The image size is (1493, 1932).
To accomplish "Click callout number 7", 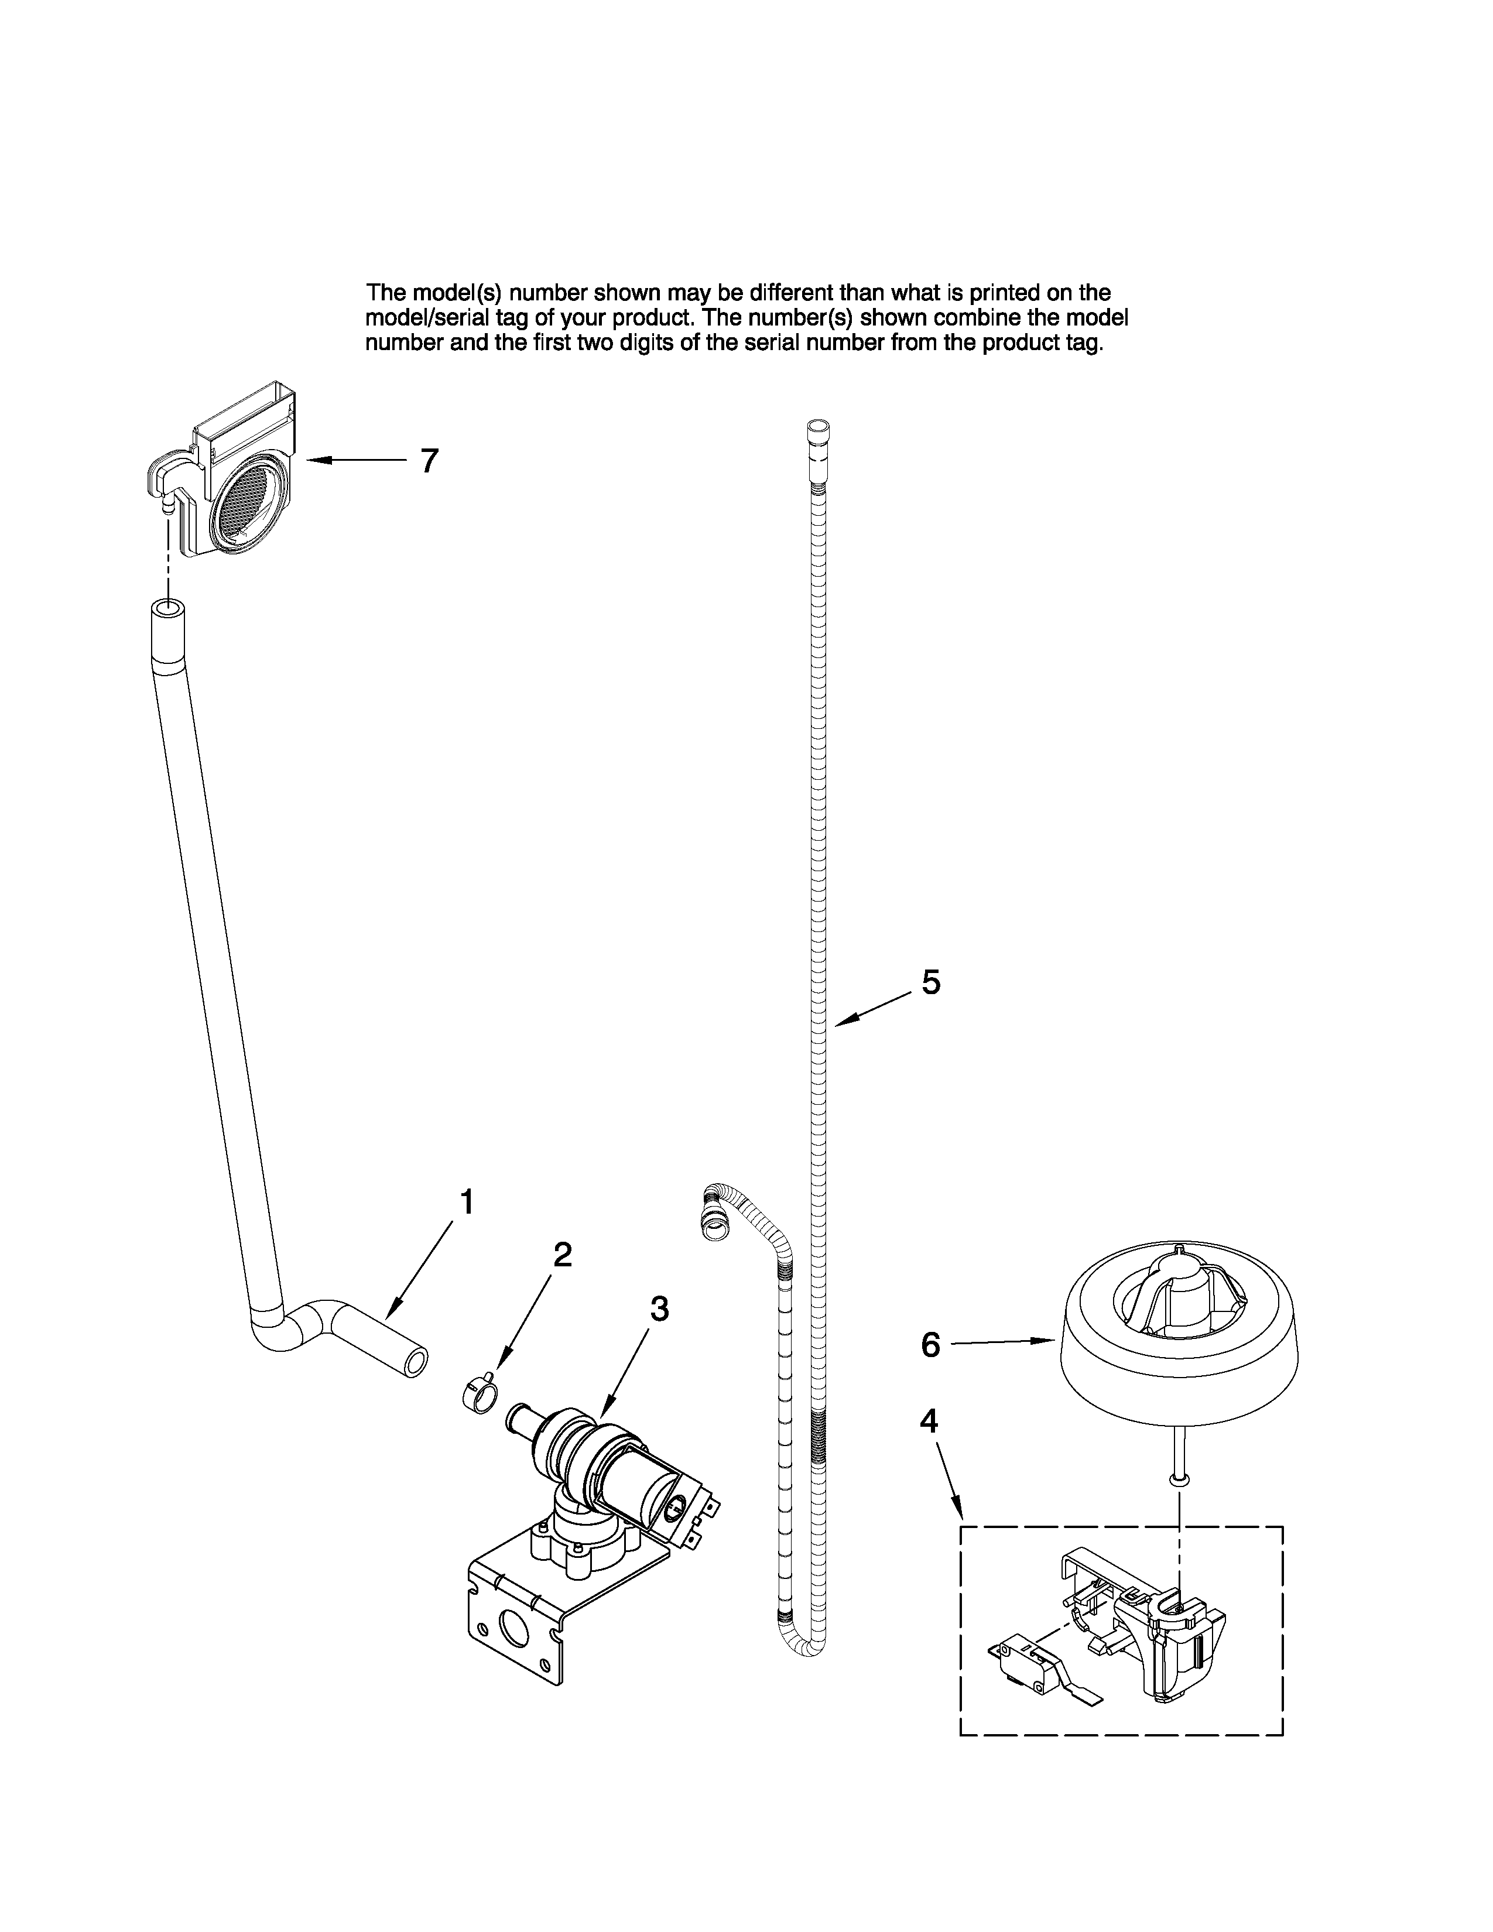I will coord(429,461).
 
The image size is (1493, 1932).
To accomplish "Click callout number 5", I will coord(930,982).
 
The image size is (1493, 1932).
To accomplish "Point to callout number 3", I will coord(659,1309).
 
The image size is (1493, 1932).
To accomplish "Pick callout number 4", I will coord(929,1421).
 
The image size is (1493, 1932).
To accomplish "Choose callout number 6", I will coord(930,1345).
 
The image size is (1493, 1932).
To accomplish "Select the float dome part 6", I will coord(1176,1354).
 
